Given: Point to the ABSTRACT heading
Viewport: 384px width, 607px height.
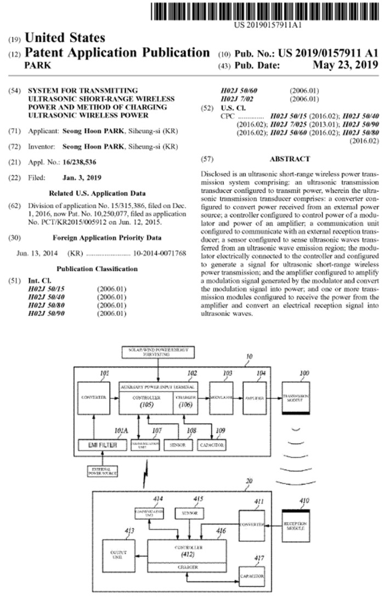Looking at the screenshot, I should point(289,159).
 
